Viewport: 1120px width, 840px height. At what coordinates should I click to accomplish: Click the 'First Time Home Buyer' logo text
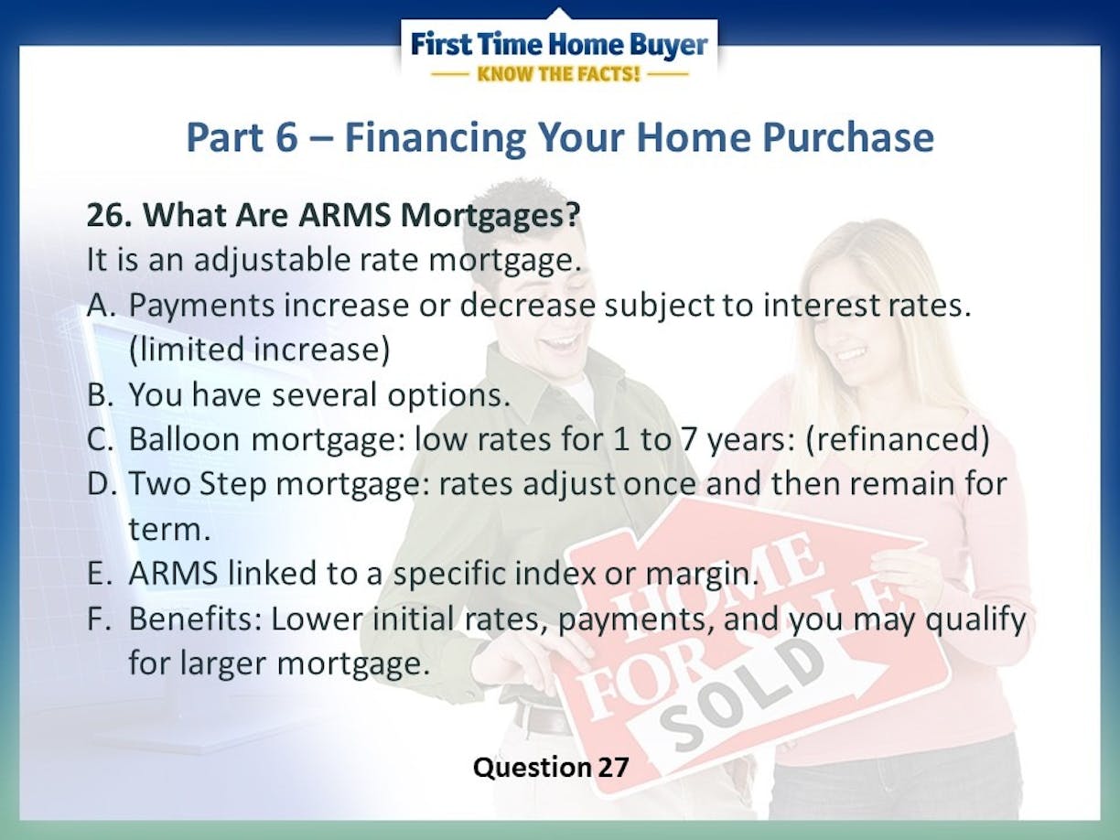559,44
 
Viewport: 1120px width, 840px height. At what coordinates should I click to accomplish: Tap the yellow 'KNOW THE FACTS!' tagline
558,74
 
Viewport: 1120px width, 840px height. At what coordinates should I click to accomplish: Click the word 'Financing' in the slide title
436,137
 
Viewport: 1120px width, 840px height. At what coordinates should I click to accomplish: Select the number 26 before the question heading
109,215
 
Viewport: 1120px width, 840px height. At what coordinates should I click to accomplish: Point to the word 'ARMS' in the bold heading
345,215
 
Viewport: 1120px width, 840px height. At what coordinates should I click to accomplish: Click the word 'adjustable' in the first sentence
272,260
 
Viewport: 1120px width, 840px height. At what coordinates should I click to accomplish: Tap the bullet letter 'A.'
102,305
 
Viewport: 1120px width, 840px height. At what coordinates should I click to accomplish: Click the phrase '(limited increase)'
259,350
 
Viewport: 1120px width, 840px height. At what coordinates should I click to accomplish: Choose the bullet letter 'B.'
100,394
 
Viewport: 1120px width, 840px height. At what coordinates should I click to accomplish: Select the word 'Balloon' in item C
184,438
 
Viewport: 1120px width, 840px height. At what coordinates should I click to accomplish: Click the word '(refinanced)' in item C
898,439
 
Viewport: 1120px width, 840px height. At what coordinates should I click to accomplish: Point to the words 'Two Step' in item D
198,483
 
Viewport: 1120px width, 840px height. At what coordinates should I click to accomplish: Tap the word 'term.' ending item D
169,529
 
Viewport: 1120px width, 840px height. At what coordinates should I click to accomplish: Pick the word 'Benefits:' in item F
195,618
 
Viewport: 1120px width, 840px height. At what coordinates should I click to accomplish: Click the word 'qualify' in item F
975,619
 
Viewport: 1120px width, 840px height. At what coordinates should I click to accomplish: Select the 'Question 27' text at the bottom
551,768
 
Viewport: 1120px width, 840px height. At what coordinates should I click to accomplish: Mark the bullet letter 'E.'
100,573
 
